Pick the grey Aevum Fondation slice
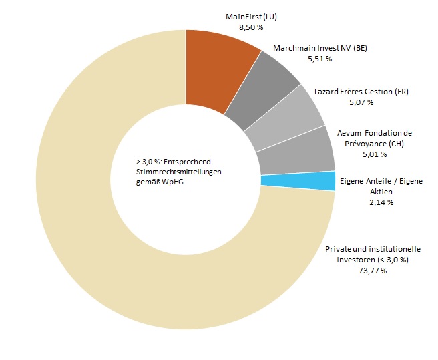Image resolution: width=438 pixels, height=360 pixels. (x=294, y=151)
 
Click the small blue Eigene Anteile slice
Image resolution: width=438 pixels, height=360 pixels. (x=297, y=181)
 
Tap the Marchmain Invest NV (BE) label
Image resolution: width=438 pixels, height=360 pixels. (x=320, y=48)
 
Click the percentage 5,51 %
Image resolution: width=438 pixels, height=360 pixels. (x=320, y=59)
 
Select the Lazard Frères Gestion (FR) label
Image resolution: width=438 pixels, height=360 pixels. (x=361, y=91)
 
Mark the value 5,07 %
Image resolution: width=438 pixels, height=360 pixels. (x=361, y=102)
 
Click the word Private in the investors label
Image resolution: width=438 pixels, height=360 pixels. (x=339, y=249)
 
